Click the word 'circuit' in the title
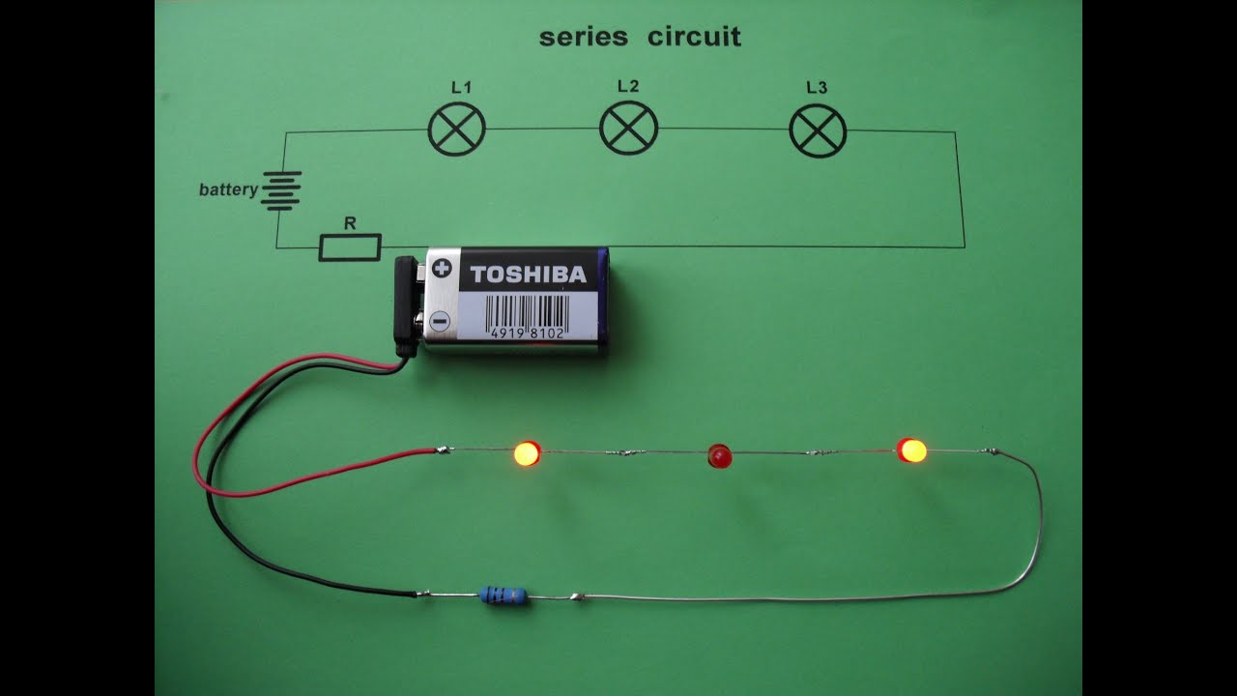tap(694, 38)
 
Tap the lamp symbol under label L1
tap(456, 129)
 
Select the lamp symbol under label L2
tap(628, 128)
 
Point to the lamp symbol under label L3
tap(818, 130)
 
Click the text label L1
tap(461, 88)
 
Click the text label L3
tap(817, 88)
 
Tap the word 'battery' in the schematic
tap(228, 189)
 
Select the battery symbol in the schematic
tap(281, 190)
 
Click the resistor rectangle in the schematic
tap(350, 247)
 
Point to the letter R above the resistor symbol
tap(350, 224)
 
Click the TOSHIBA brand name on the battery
tap(528, 275)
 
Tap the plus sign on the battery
tap(442, 268)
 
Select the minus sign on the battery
tap(440, 320)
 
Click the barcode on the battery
tap(527, 316)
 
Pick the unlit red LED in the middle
tap(720, 455)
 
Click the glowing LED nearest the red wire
tap(527, 452)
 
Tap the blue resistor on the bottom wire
tap(503, 595)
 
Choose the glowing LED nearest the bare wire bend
tap(911, 450)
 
